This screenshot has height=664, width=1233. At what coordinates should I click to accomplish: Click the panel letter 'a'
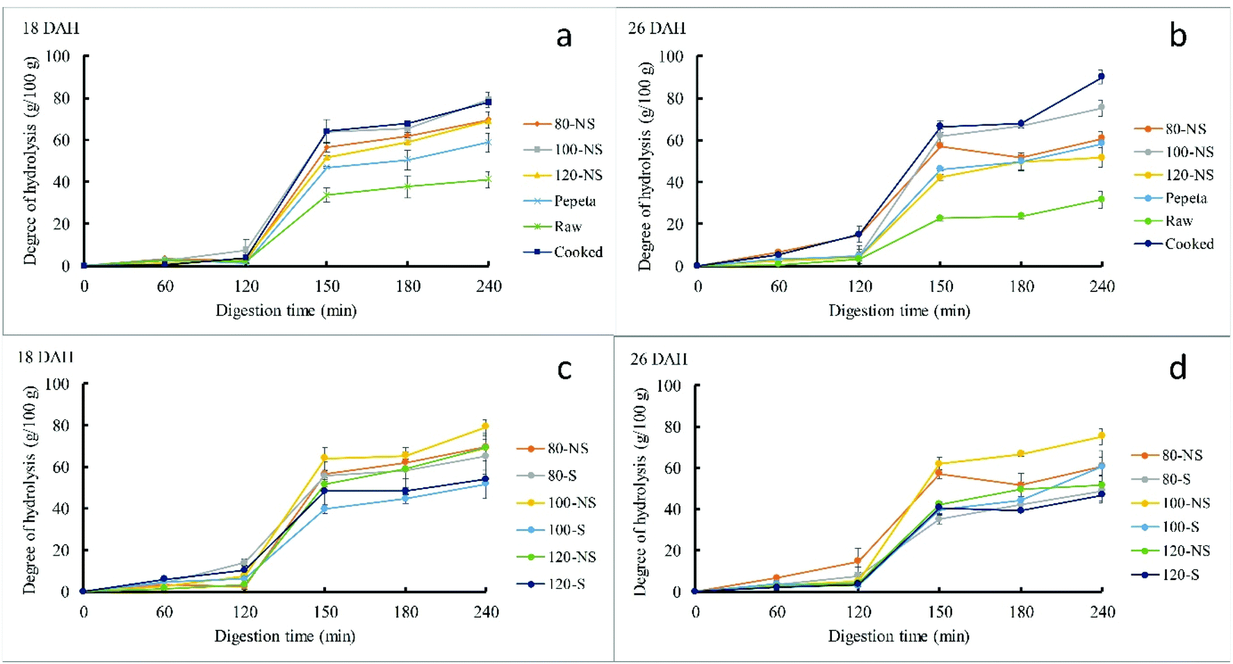[564, 37]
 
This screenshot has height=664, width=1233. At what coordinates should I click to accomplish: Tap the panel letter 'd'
[1177, 368]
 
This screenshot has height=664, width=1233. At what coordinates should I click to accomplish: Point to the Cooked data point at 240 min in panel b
[1101, 76]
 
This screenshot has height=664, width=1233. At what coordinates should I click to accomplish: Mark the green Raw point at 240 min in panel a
[489, 179]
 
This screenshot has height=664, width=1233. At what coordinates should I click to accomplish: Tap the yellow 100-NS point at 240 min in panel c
[485, 426]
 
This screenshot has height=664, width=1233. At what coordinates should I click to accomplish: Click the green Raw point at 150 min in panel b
[940, 218]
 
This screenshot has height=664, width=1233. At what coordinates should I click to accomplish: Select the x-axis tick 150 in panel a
[327, 286]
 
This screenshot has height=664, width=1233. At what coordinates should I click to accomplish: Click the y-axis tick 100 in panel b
[671, 56]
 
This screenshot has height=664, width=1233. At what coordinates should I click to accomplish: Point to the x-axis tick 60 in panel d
[777, 613]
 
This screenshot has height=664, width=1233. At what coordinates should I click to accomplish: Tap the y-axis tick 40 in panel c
[61, 509]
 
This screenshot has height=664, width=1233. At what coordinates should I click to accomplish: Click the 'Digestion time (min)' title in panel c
[284, 636]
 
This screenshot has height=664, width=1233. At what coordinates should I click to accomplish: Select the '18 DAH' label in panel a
[51, 29]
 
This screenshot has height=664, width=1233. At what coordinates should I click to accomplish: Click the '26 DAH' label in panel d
[658, 359]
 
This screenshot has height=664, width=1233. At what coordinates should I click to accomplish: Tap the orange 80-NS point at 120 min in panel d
[858, 561]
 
